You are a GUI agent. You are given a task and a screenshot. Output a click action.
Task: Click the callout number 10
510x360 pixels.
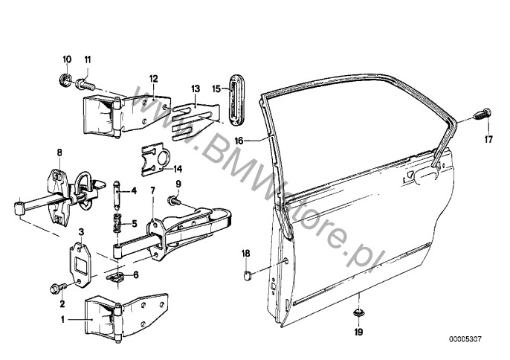pyautogui.click(x=67, y=60)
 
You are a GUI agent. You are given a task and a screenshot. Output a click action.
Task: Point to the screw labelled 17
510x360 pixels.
pyautogui.click(x=482, y=114)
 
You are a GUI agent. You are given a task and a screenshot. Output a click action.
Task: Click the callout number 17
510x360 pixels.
pyautogui.click(x=488, y=139)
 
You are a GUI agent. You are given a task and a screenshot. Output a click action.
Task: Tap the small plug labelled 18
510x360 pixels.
pyautogui.click(x=248, y=275)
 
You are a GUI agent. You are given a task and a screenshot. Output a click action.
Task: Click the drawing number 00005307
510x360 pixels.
pyautogui.click(x=465, y=339)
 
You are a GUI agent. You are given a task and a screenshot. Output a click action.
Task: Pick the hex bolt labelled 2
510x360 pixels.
pyautogui.click(x=57, y=289)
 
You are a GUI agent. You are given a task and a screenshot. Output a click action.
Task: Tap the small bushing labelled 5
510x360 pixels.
pyautogui.click(x=117, y=222)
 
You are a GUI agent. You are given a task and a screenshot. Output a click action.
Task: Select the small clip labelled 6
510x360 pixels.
pyautogui.click(x=116, y=277)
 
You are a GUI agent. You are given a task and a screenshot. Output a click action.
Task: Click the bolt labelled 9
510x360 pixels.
pyautogui.click(x=173, y=201)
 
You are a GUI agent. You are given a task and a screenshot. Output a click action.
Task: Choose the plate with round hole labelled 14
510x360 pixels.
pyautogui.click(x=156, y=160)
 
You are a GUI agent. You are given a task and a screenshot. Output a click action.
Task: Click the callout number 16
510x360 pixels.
pyautogui.click(x=239, y=141)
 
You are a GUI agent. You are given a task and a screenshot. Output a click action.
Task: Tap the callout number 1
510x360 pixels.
pyautogui.click(x=62, y=320)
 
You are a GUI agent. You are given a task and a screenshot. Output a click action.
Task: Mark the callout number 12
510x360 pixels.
pyautogui.click(x=153, y=78)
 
